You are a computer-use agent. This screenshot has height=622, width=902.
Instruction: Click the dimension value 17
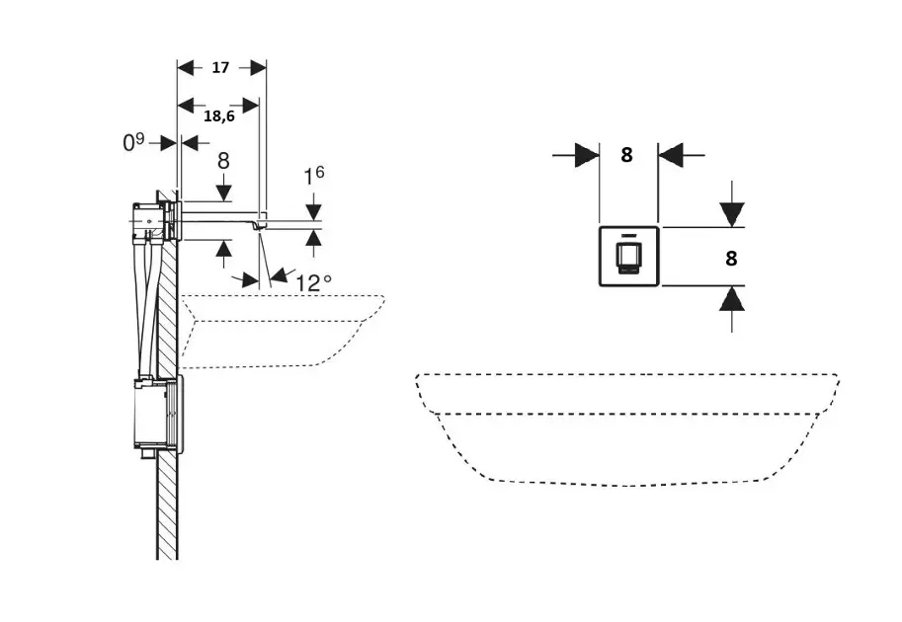(x=220, y=68)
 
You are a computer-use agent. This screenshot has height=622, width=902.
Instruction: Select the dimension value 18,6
(x=218, y=116)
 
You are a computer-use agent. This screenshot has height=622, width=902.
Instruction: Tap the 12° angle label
(x=314, y=282)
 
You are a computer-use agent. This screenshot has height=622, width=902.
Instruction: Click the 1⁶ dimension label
(x=313, y=177)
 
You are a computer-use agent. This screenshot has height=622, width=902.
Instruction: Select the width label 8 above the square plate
(x=626, y=154)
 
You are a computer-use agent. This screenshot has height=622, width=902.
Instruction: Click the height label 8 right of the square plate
(x=731, y=259)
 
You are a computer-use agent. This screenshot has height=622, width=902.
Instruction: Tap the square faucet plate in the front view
(x=629, y=257)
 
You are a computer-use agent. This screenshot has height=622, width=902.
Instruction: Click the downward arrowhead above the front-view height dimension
(x=731, y=213)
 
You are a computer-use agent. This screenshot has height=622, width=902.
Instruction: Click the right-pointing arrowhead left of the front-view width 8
(x=587, y=155)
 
